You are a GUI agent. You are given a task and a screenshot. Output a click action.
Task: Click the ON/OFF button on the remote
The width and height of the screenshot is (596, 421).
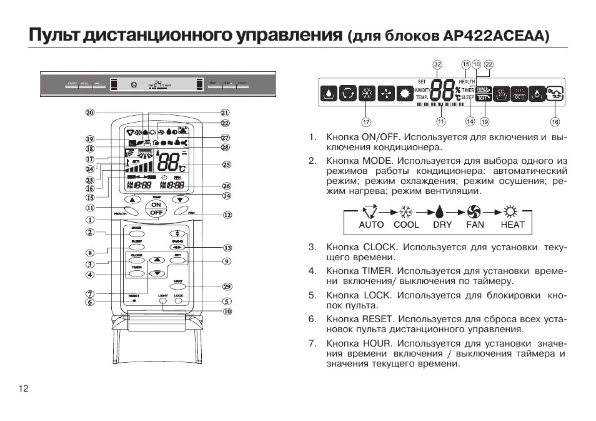click(x=156, y=209)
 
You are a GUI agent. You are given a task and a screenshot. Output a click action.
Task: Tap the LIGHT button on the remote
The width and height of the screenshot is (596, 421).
click(x=163, y=301)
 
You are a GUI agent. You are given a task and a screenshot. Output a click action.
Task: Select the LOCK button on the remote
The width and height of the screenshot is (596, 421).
click(x=179, y=301)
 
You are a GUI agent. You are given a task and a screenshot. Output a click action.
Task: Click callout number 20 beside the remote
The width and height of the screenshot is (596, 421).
click(x=90, y=113)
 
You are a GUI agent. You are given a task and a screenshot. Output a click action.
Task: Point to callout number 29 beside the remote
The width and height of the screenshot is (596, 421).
click(x=227, y=287)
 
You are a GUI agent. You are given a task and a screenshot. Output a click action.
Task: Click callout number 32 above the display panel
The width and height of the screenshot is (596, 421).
click(x=437, y=64)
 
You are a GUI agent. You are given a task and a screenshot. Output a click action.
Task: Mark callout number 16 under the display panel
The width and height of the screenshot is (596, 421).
click(x=555, y=121)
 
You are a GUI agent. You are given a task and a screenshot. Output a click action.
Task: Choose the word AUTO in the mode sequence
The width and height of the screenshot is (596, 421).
click(x=371, y=225)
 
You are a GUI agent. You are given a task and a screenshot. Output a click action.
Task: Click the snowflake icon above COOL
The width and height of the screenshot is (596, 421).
click(x=406, y=211)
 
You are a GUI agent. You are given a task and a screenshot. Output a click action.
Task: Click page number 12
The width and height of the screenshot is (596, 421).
click(x=24, y=388)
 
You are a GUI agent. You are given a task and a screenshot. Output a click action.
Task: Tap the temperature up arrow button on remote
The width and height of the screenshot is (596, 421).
click(x=132, y=200)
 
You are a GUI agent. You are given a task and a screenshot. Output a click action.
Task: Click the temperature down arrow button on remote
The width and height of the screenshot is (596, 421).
click(x=181, y=200)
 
